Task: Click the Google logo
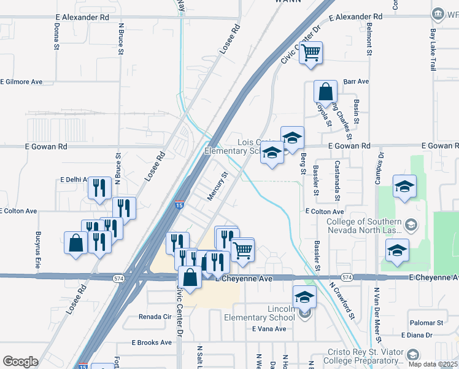tap(20, 362)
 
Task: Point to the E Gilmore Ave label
tap(21, 81)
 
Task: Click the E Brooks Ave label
tap(152, 343)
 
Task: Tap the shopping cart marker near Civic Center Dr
tap(311, 54)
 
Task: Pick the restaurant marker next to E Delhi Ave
tap(99, 189)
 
